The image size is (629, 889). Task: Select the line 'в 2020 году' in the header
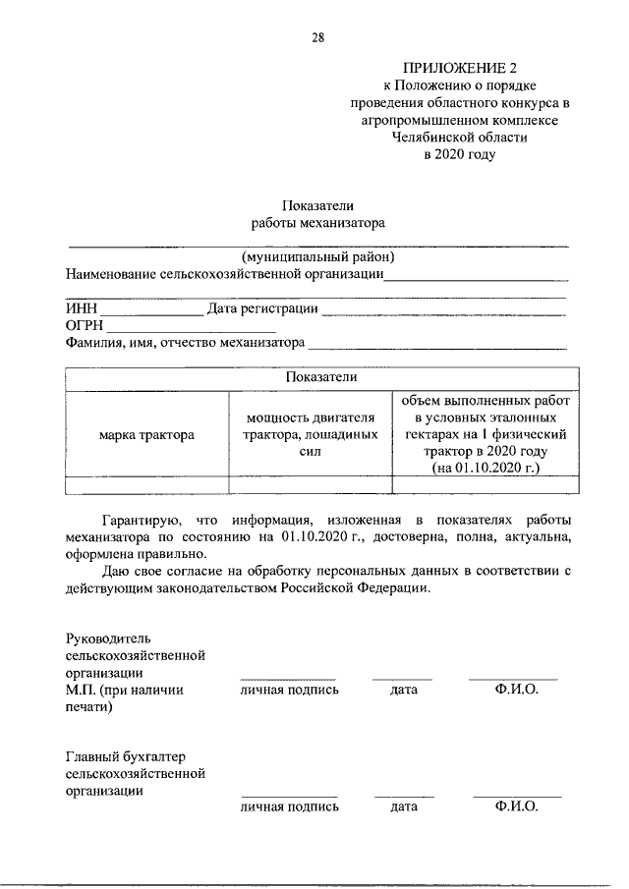coord(460,154)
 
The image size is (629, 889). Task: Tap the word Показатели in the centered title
coord(317,205)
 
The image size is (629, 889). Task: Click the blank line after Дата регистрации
coord(444,311)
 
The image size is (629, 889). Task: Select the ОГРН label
coord(85,326)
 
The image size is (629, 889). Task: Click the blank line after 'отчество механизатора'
coord(437,344)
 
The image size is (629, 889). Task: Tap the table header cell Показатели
coord(320,378)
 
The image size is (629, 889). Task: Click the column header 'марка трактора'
coord(146,433)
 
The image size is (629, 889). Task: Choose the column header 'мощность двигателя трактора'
coord(311,433)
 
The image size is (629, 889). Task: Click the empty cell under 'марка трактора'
coord(146,483)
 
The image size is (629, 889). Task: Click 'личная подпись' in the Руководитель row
coord(289,690)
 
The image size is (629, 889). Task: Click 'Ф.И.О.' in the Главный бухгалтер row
coord(517,806)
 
